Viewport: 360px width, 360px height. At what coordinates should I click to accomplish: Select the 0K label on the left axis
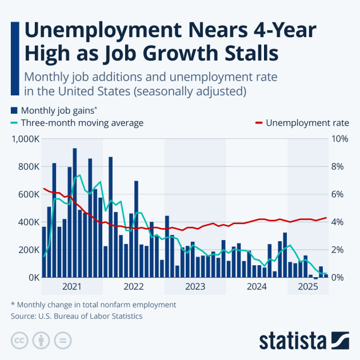click(x=32, y=278)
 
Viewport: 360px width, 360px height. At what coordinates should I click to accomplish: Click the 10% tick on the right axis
click(x=341, y=139)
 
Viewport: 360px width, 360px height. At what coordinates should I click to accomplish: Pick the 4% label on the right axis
click(x=338, y=222)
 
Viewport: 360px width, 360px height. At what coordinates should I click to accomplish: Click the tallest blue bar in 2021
click(x=75, y=213)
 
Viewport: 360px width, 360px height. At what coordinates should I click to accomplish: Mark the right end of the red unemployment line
click(x=326, y=218)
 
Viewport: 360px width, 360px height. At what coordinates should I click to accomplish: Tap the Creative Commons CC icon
click(x=20, y=341)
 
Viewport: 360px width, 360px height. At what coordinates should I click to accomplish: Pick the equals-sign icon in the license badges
click(x=62, y=341)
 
